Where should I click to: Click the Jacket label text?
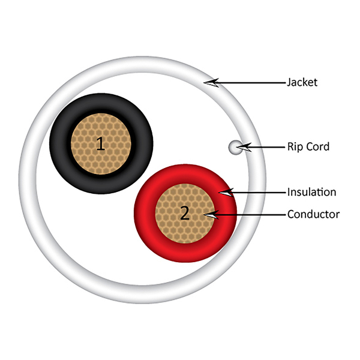tap(302, 82)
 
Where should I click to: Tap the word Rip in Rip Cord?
tap(295, 147)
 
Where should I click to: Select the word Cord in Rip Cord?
tap(318, 146)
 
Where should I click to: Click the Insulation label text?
tap(312, 192)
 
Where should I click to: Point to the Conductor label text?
tap(313, 214)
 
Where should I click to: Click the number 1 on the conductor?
tap(101, 144)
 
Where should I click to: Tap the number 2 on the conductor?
tap(185, 213)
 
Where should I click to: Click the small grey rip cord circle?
tap(235, 147)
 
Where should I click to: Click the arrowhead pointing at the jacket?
tap(211, 83)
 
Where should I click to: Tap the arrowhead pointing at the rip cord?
tap(244, 147)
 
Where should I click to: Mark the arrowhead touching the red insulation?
tap(226, 193)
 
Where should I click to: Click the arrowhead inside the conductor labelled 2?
tap(211, 215)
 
